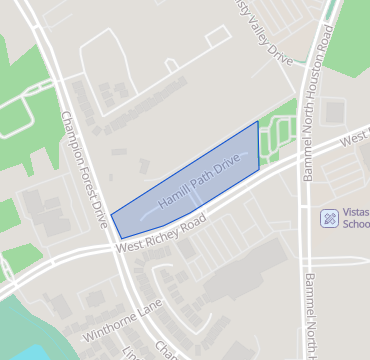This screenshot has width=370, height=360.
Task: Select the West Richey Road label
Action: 160,233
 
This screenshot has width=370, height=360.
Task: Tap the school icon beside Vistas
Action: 328,217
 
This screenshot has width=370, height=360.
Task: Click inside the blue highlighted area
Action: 190,190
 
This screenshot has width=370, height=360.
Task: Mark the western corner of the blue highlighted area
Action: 111,213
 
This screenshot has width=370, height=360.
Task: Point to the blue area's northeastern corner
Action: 257,122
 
